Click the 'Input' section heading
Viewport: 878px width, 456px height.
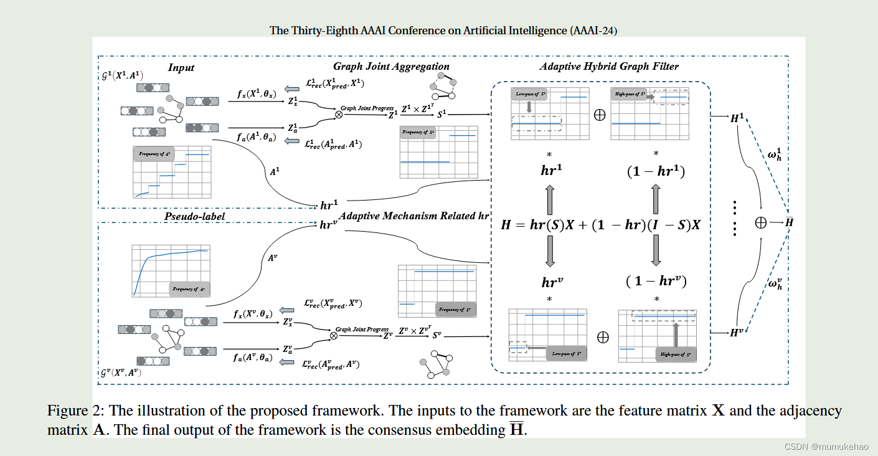(x=181, y=67)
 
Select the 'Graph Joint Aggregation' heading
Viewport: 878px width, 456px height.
(x=391, y=66)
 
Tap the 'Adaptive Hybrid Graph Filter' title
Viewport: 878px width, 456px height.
(x=609, y=66)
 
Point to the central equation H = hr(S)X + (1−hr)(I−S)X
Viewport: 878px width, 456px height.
(x=600, y=225)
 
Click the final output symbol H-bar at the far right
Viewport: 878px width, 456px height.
(x=790, y=223)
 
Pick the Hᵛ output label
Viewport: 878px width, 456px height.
(x=737, y=333)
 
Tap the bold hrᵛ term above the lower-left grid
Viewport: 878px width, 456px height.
(x=549, y=282)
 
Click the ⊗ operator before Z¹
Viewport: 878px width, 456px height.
(x=339, y=115)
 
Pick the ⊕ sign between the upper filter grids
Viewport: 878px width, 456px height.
(x=600, y=116)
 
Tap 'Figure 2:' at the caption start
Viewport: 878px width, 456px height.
(x=73, y=411)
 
